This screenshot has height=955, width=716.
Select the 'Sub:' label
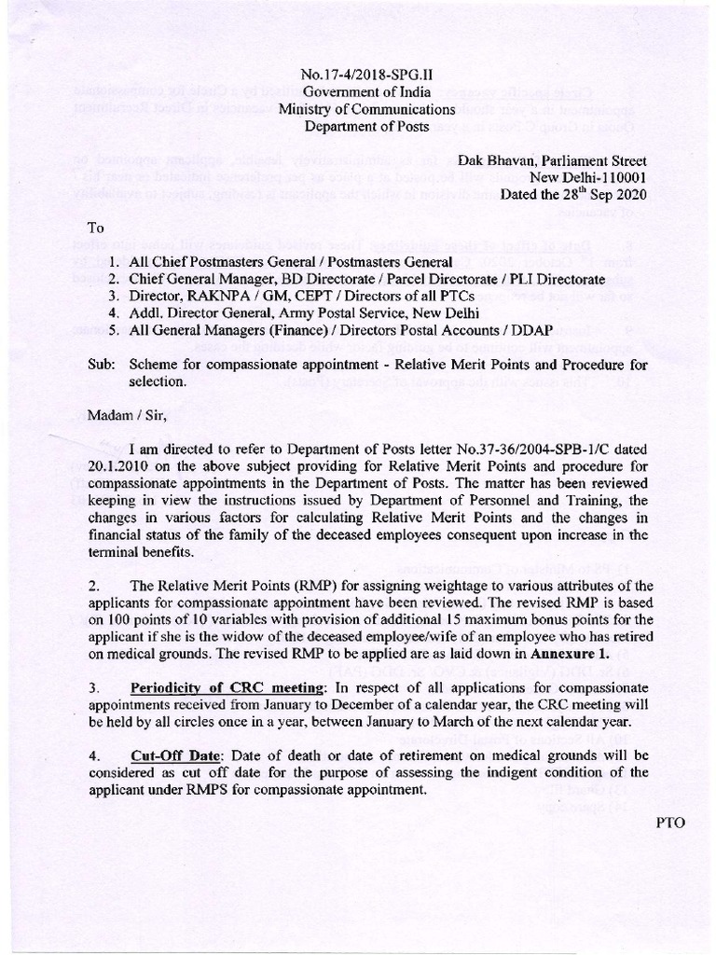click(x=101, y=366)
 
